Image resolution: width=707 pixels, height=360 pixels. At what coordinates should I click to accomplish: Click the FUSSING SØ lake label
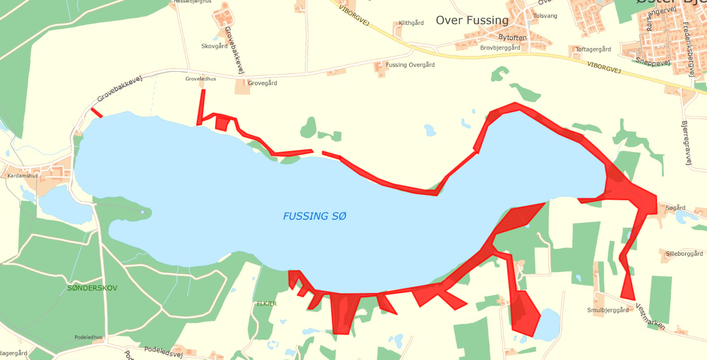(x=315, y=216)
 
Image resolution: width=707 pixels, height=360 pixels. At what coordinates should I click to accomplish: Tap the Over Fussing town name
(x=472, y=20)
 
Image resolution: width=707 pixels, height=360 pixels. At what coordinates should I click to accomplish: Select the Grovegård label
(x=262, y=83)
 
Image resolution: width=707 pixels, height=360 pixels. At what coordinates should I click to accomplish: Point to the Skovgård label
(x=214, y=46)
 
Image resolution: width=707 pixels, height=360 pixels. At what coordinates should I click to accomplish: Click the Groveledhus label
(x=200, y=79)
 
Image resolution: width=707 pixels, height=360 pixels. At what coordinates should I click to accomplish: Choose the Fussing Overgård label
(x=410, y=65)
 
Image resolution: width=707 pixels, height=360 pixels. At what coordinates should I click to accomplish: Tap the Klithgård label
(x=411, y=23)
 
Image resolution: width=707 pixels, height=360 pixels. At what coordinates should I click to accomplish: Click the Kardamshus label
(x=23, y=175)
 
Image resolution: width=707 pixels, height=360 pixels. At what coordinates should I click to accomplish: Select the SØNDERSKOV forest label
(x=92, y=288)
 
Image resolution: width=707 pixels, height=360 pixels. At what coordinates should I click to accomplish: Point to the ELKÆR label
(x=267, y=304)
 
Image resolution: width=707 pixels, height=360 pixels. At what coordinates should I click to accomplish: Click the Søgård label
(x=675, y=208)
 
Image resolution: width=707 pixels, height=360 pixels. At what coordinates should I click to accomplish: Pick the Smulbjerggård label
(x=608, y=310)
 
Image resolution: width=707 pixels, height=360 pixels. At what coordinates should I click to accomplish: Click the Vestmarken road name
(x=650, y=316)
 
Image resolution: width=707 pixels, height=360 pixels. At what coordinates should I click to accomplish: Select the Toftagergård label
(x=593, y=49)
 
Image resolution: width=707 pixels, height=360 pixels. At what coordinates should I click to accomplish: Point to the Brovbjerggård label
(x=500, y=48)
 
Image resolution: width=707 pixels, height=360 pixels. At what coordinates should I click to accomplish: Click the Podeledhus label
(x=88, y=337)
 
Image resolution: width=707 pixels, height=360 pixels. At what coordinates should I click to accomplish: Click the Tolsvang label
(x=545, y=16)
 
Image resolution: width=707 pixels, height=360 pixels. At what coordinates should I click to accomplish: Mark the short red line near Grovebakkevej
(x=97, y=112)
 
